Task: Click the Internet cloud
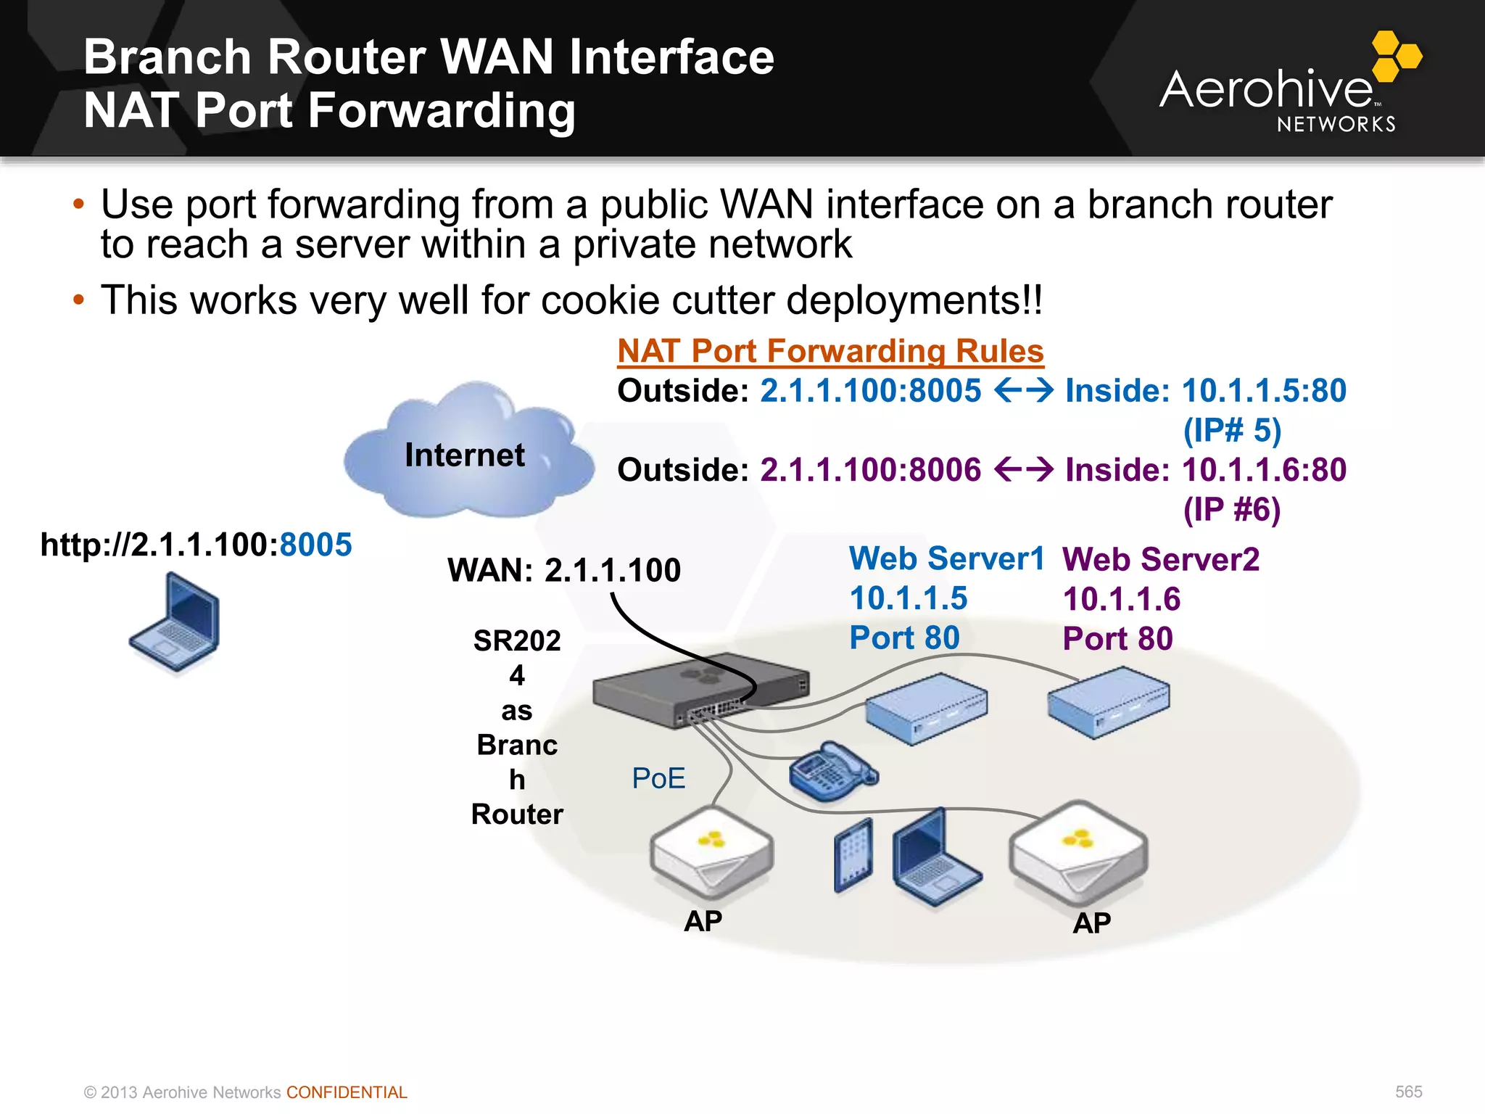468,453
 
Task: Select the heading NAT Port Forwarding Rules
830,351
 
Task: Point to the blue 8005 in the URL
315,545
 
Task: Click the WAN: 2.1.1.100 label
564,570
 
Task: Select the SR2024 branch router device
700,689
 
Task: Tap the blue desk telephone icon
832,772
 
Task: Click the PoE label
658,778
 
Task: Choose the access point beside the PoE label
711,852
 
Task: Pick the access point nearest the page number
1077,852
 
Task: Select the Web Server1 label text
946,559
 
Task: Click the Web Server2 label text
1160,560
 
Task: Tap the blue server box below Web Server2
1108,702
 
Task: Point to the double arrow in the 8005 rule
1023,391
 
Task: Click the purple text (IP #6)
1231,509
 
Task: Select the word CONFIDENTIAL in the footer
347,1092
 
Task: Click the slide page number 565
1408,1092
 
